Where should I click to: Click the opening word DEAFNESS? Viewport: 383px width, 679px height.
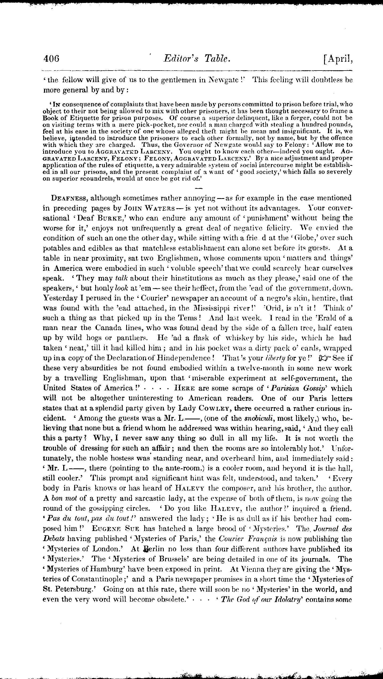tap(69, 198)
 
